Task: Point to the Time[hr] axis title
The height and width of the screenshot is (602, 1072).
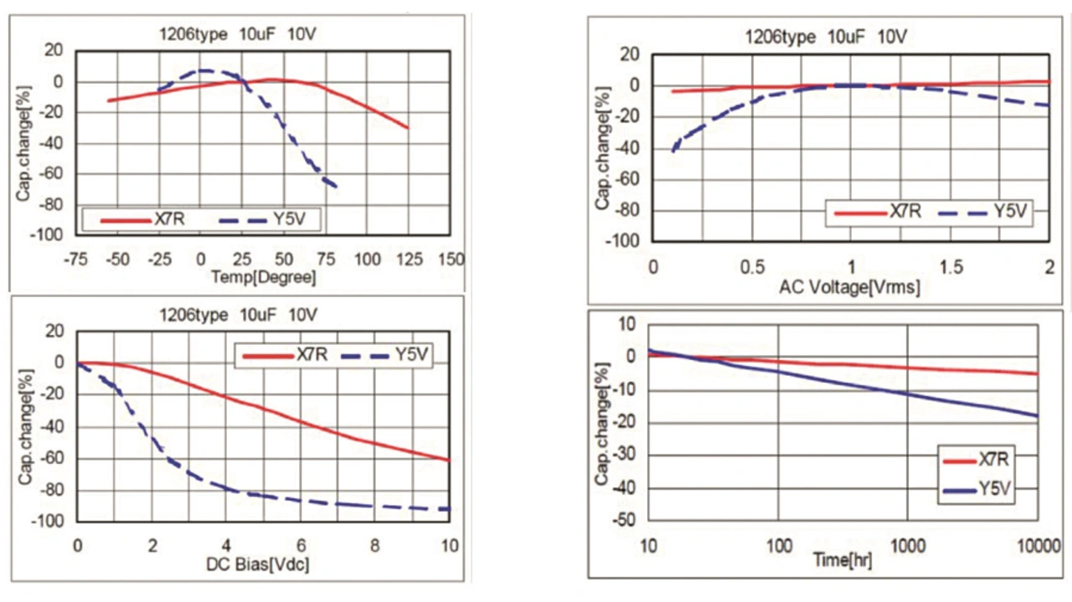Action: [843, 560]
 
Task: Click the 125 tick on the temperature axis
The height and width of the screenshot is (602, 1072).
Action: [408, 260]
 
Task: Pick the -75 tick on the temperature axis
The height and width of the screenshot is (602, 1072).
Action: [76, 260]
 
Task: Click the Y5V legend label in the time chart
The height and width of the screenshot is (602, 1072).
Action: [997, 488]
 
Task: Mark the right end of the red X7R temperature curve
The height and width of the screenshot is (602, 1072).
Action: [408, 128]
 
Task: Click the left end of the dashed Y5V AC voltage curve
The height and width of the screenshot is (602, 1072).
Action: [673, 152]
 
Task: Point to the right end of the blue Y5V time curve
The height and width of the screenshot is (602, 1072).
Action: [1038, 416]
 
